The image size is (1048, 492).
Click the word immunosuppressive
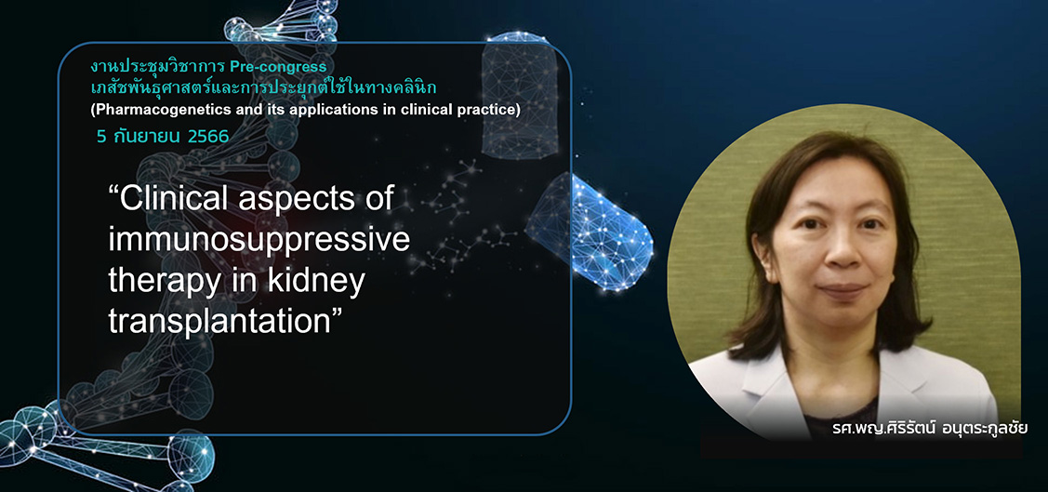tap(259, 240)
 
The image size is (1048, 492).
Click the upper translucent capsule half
tap(520, 95)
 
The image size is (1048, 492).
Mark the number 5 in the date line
tap(101, 137)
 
